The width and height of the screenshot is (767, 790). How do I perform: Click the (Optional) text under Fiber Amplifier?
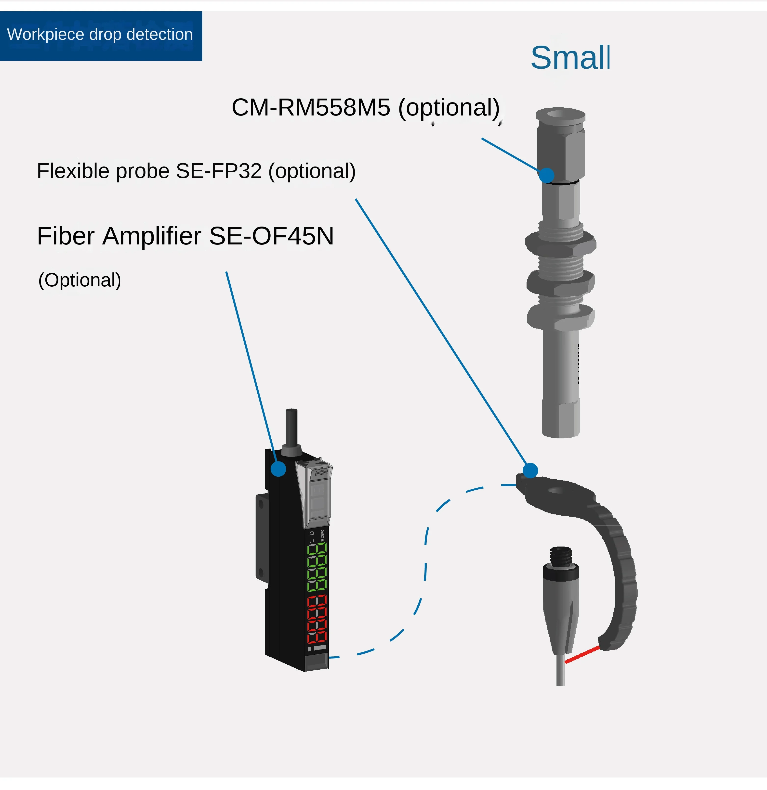[79, 280]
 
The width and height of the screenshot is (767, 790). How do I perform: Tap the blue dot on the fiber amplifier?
[278, 469]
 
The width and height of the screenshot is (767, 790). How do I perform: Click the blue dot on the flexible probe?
[530, 470]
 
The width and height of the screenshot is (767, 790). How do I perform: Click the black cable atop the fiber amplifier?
[291, 427]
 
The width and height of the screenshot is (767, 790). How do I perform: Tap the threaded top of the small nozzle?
[561, 556]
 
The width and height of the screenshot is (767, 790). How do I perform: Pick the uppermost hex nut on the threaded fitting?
[561, 244]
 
